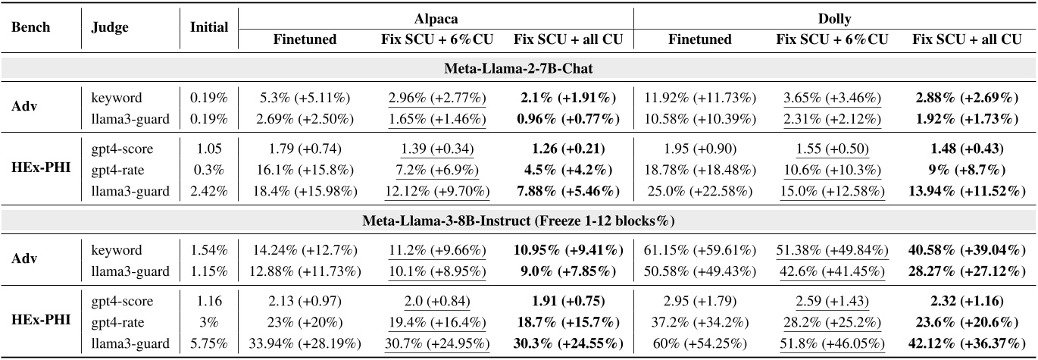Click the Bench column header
coord(30,27)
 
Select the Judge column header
coord(109,27)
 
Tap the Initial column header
coord(209,27)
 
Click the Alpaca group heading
coord(434,14)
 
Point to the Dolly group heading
coord(833,14)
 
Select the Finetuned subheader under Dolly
coord(700,39)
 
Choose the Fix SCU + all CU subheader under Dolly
coord(963,39)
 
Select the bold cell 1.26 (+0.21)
coord(564,150)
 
